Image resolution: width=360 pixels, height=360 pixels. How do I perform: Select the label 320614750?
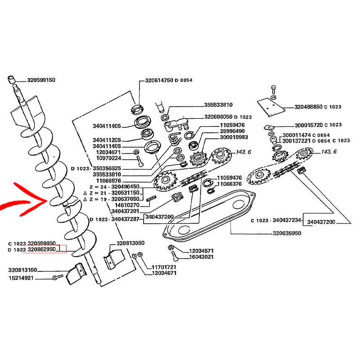point(159,80)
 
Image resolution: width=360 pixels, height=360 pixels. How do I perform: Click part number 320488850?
point(310,107)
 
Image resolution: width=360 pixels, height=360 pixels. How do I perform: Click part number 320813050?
point(130,243)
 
